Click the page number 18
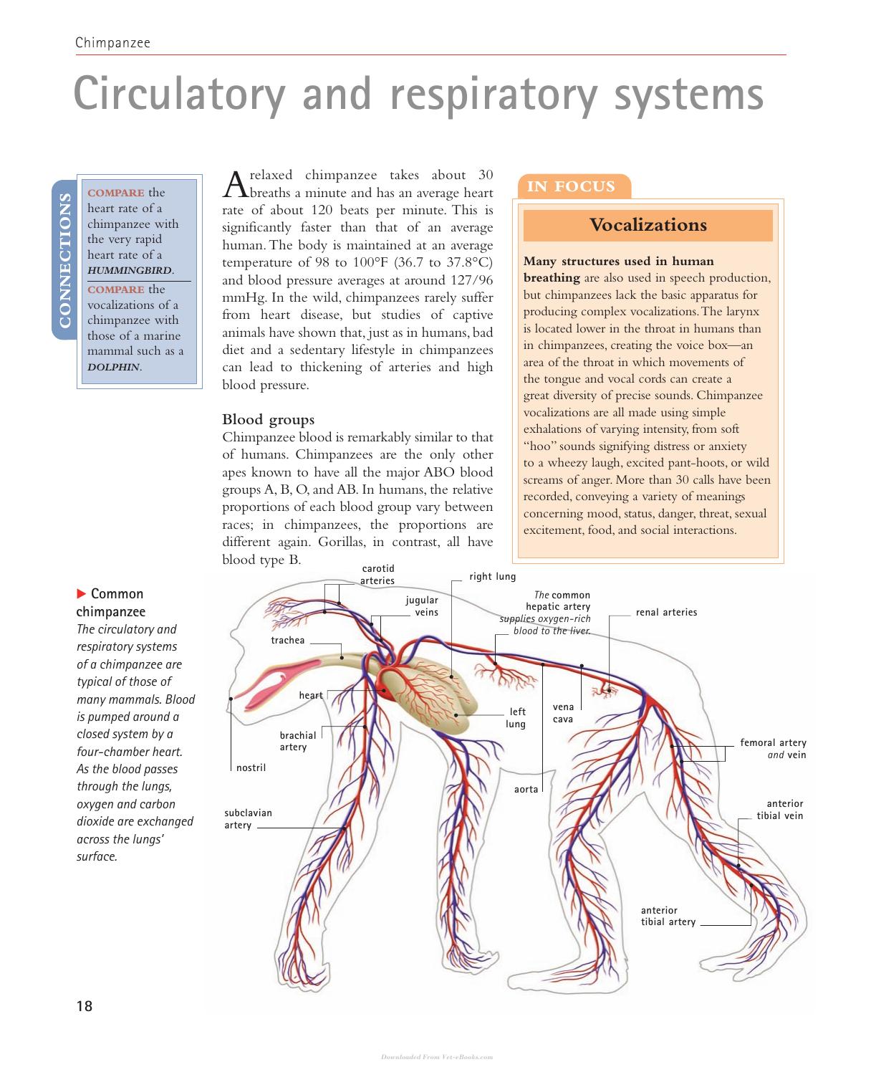point(85,1006)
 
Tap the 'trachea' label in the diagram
point(288,640)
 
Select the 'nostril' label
point(251,767)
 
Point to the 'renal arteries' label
point(666,612)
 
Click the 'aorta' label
point(526,789)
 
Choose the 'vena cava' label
point(563,713)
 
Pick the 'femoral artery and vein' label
point(773,749)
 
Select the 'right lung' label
point(493,576)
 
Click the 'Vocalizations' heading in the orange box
point(648,224)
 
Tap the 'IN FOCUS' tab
point(571,186)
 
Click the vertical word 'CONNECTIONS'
point(64,260)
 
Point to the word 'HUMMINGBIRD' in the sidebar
point(130,270)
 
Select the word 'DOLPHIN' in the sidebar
point(114,368)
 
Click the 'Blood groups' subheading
point(268,419)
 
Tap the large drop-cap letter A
point(235,184)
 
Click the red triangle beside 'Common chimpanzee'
point(81,593)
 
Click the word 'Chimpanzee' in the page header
point(112,42)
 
